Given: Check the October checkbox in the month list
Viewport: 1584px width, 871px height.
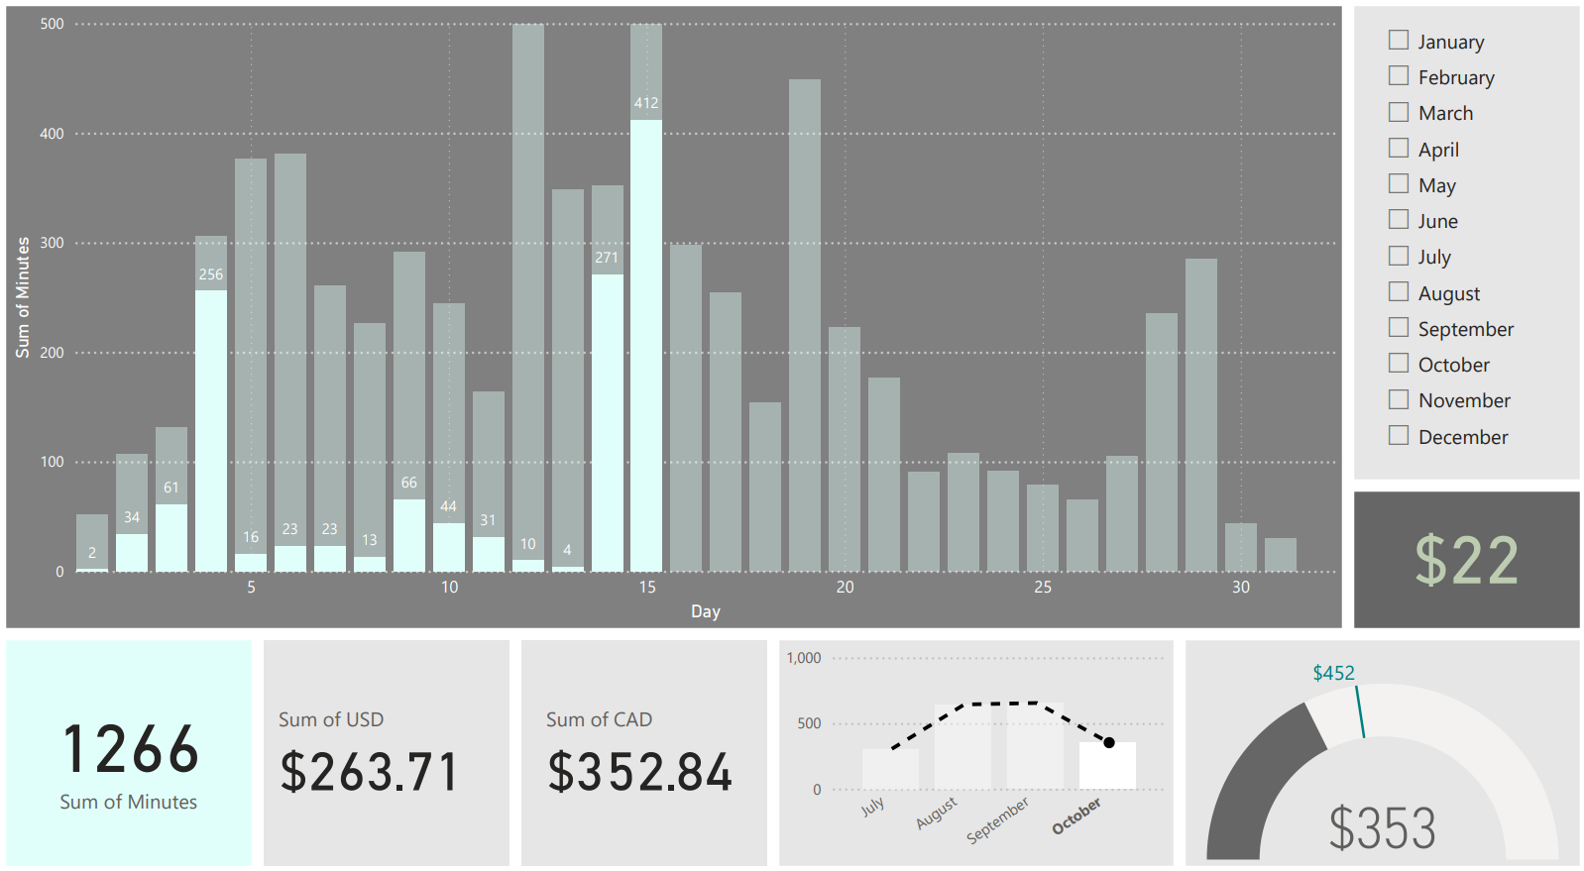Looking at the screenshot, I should coord(1399,364).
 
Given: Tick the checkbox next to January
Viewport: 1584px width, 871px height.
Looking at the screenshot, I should coord(1399,41).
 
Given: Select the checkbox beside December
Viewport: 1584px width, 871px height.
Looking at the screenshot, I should coord(1399,436).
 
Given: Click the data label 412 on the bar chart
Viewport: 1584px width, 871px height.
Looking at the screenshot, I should coord(646,103).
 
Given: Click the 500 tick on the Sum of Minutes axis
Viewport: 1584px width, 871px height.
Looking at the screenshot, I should coord(53,24).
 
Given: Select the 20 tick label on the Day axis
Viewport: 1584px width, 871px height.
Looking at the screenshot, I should coord(845,588).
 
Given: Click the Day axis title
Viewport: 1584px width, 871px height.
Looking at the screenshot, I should coord(706,611).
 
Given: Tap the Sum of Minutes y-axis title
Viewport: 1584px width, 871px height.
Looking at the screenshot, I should coord(23,297).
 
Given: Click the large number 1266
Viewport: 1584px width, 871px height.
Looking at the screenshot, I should coord(130,749).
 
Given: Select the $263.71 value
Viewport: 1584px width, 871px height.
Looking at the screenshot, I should coord(369,772).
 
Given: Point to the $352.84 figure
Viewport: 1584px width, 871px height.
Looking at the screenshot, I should coord(639,772).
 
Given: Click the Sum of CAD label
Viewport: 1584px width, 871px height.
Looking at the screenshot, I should coord(599,719).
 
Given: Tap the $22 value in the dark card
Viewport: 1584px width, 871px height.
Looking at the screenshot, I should coord(1466,560).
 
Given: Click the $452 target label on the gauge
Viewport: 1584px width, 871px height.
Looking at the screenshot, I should coord(1333,673).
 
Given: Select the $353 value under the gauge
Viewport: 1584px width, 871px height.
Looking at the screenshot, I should coord(1382,828).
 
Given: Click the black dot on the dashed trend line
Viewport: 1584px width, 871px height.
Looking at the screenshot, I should coord(1109,742).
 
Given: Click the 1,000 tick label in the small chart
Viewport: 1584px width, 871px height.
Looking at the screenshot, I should coord(804,658).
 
